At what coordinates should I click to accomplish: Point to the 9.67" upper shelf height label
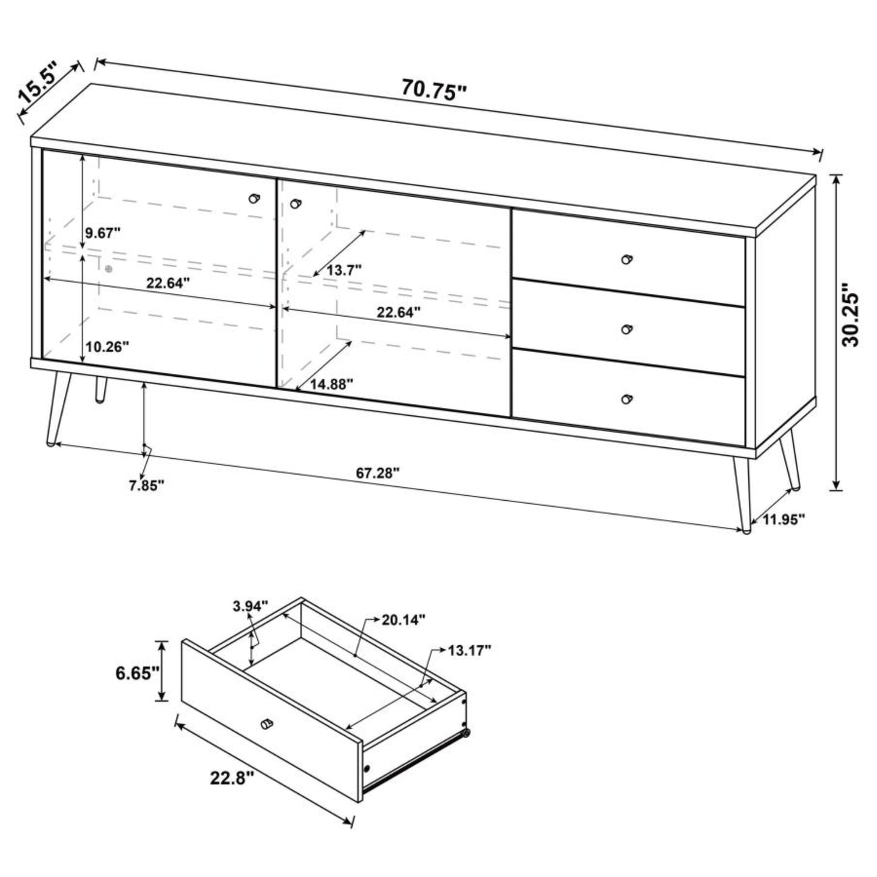point(103,233)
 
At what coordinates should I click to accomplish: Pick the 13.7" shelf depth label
point(344,270)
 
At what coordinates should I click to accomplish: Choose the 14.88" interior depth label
point(332,385)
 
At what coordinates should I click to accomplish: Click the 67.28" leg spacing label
point(378,473)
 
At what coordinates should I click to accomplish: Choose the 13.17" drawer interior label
point(469,651)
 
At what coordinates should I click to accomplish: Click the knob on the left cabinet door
point(254,198)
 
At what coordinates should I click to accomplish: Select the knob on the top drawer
point(627,259)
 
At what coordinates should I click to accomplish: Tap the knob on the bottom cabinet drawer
point(627,399)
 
